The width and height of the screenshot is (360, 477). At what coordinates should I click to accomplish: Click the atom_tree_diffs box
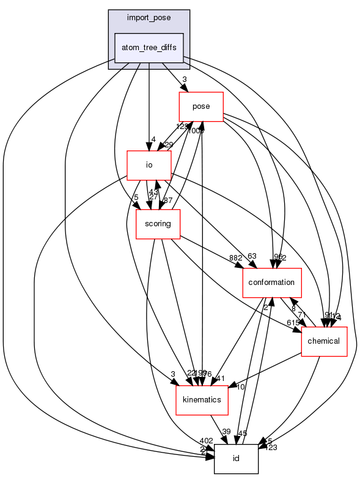[x=149, y=48]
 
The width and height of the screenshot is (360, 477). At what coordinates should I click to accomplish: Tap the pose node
[x=200, y=106]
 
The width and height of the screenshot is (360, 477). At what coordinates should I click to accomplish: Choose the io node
[x=148, y=165]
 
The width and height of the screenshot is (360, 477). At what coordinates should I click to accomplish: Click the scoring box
[x=158, y=224]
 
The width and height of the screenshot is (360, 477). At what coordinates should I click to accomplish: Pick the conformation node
[x=272, y=282]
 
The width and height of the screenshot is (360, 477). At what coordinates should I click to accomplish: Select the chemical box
[x=324, y=341]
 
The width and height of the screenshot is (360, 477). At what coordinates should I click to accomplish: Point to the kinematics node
[x=202, y=399]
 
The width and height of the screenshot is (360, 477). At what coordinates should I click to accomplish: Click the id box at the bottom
[x=236, y=459]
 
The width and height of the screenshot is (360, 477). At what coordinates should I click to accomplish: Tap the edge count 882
[x=236, y=257]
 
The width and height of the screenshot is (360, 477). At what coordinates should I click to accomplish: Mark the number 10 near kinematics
[x=241, y=387]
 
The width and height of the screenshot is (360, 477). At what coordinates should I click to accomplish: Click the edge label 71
[x=302, y=314]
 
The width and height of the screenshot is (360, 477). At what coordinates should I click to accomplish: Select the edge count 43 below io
[x=153, y=192]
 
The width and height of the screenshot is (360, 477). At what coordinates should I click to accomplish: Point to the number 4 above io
[x=153, y=139]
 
